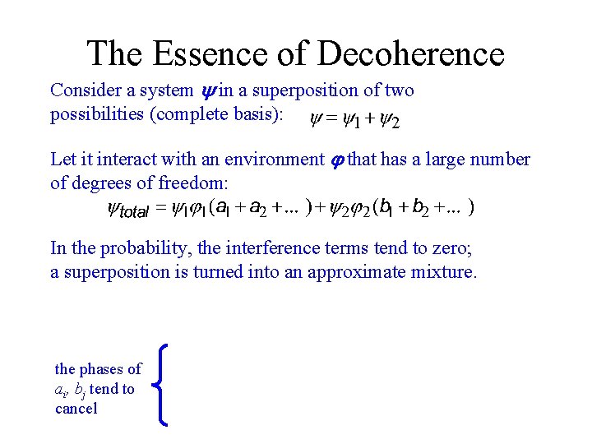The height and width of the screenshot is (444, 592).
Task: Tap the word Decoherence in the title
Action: point(410,54)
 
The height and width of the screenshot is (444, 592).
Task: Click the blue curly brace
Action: point(164,386)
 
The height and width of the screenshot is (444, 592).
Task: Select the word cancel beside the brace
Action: point(76,409)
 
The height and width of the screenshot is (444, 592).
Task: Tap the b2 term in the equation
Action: point(419,209)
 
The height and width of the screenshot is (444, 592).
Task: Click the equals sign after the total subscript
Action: point(161,209)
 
